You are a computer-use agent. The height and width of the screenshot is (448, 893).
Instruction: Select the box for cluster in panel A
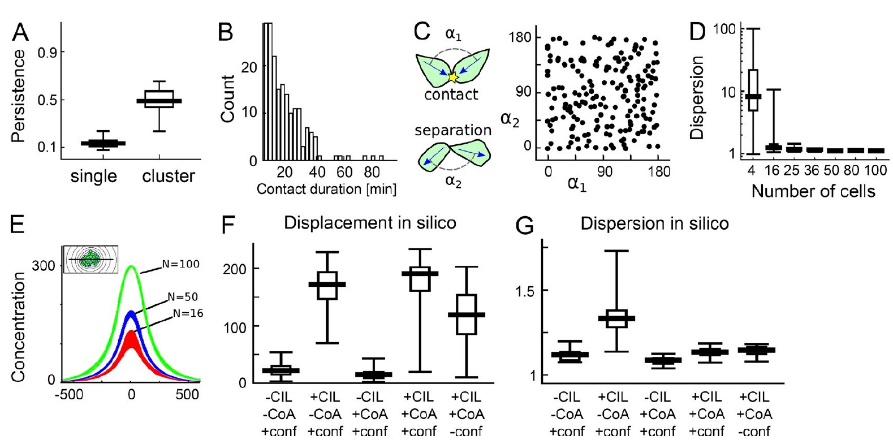[x=159, y=98]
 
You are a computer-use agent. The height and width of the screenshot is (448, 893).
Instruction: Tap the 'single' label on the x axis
[x=93, y=176]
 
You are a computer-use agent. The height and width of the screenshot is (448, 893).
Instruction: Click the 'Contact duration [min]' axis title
[x=326, y=189]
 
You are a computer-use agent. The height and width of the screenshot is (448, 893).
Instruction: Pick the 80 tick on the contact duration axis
[x=372, y=172]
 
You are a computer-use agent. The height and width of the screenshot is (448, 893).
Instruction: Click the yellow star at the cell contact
[x=452, y=77]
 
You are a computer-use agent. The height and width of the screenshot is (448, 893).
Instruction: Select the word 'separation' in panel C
[x=452, y=131]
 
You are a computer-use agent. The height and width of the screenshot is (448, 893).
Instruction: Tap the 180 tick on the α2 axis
[x=520, y=38]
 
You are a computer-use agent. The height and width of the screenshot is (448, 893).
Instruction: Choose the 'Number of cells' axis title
[x=813, y=191]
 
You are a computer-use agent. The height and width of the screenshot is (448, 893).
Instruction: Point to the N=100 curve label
[x=180, y=264]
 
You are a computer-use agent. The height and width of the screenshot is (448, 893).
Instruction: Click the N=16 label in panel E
[x=188, y=313]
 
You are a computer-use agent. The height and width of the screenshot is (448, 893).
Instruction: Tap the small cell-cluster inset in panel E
[x=90, y=259]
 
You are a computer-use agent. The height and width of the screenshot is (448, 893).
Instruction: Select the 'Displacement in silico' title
[x=370, y=223]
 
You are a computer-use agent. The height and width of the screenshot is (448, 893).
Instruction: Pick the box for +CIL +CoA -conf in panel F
[x=467, y=315]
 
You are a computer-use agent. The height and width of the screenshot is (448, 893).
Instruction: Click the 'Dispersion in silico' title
[x=654, y=224]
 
